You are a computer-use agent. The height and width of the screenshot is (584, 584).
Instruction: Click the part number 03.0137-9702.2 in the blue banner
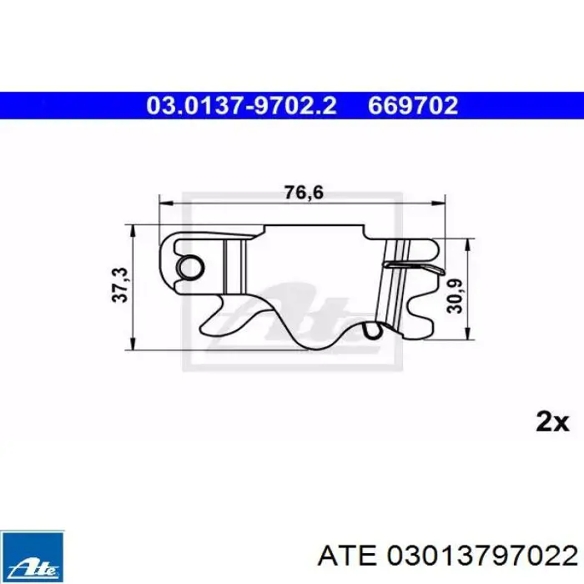(241, 105)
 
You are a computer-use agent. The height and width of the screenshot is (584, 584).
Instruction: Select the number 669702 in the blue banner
(413, 105)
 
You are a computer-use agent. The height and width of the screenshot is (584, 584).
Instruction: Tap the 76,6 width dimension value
(304, 193)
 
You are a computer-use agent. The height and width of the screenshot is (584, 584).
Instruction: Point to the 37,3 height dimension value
(121, 285)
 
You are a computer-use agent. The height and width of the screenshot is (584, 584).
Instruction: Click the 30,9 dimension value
(456, 295)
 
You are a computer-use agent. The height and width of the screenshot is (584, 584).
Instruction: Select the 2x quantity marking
(552, 422)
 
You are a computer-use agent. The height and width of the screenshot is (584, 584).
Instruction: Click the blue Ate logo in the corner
(32, 556)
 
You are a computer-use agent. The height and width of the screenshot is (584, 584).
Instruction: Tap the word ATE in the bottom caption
(347, 556)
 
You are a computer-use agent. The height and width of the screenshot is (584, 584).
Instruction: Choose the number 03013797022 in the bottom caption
(482, 556)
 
